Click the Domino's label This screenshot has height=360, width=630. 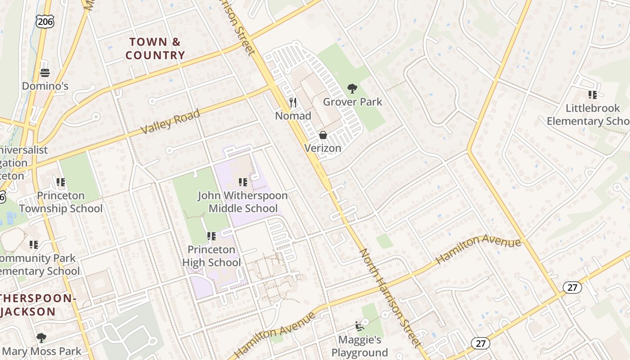[x=45, y=85]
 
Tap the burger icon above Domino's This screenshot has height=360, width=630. [x=45, y=72]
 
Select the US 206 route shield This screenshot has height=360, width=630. [x=45, y=21]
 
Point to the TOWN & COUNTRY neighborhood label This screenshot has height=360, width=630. [x=155, y=49]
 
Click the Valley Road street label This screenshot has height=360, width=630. [x=170, y=121]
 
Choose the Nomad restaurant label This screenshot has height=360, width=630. [x=293, y=116]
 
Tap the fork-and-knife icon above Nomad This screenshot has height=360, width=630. [x=293, y=103]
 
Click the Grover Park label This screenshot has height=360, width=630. [x=352, y=102]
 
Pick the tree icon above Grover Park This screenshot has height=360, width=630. [x=352, y=88]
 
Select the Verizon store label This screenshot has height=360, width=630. [x=323, y=148]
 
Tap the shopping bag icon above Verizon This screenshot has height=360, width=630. [x=323, y=135]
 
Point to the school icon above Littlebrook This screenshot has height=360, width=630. [x=592, y=94]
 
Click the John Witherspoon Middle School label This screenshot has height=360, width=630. [x=243, y=202]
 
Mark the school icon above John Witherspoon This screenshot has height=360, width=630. [x=243, y=182]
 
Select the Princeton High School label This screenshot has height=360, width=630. [x=211, y=256]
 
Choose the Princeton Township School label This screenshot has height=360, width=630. [x=61, y=202]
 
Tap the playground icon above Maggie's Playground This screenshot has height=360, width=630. [x=359, y=326]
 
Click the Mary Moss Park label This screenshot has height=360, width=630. [x=42, y=351]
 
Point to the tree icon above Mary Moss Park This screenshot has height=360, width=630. [x=41, y=337]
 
